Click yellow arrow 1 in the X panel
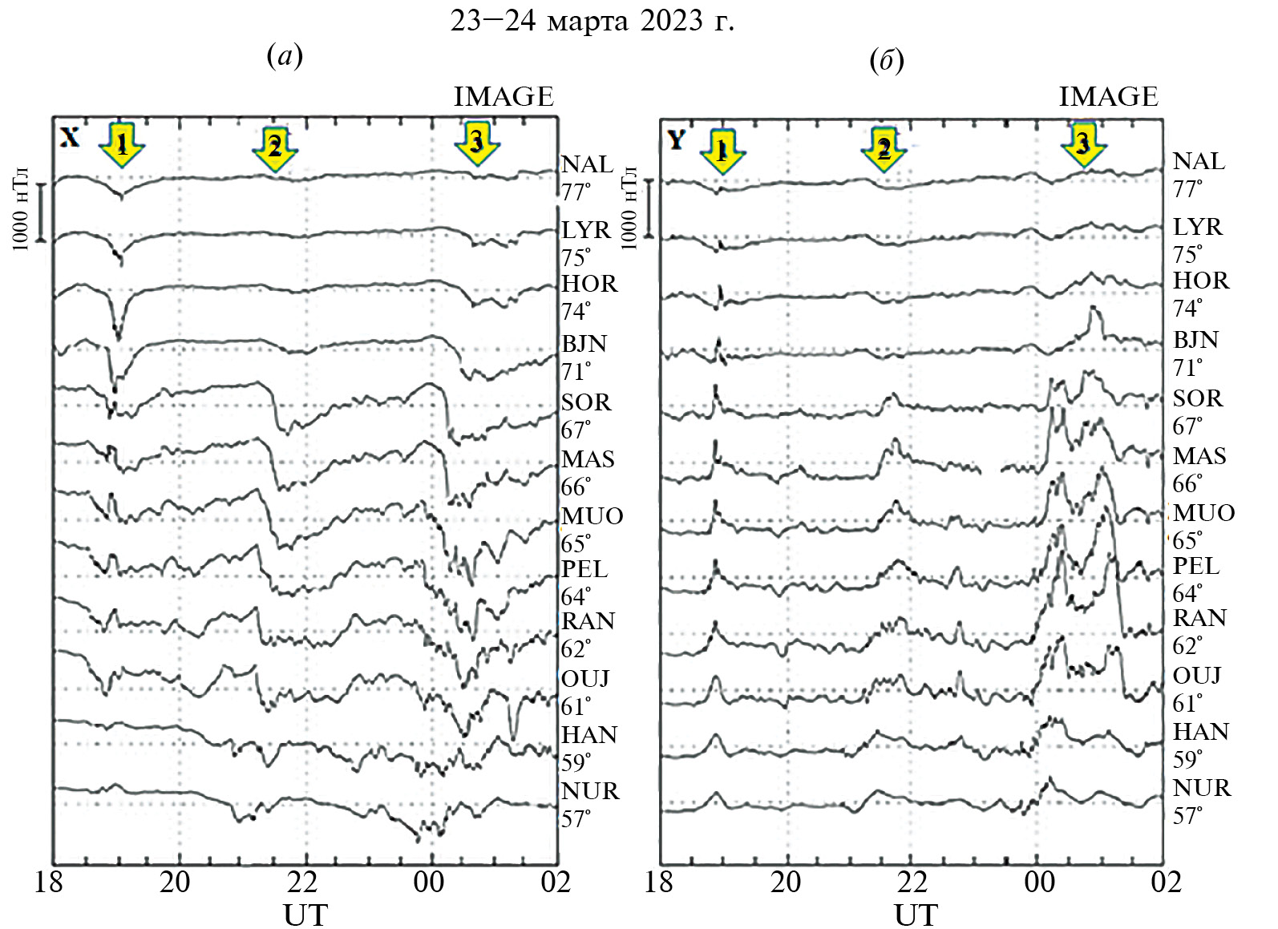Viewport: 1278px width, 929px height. (122, 145)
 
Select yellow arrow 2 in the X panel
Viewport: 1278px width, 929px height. (275, 147)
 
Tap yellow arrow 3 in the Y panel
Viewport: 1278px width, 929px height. (1083, 143)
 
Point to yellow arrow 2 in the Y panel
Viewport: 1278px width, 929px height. (884, 148)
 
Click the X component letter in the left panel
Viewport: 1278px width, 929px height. (70, 138)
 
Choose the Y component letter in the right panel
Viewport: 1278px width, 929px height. (676, 139)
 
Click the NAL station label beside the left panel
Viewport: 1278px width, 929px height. (586, 164)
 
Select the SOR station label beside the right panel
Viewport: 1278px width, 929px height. (1198, 398)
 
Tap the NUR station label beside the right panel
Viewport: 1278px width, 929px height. (1201, 788)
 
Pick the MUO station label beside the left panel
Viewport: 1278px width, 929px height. (592, 515)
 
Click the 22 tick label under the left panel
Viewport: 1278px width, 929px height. (303, 883)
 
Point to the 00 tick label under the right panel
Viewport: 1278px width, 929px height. (1039, 883)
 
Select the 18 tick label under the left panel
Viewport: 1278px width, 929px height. (48, 883)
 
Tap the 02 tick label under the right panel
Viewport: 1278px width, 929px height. (1166, 883)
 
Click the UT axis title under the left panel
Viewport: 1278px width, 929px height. (305, 915)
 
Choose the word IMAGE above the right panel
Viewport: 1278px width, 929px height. (1108, 97)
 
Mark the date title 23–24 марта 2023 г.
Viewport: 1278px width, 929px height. (592, 22)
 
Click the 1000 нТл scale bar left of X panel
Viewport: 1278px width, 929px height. (42, 212)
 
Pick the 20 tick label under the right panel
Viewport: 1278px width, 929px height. (786, 883)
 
